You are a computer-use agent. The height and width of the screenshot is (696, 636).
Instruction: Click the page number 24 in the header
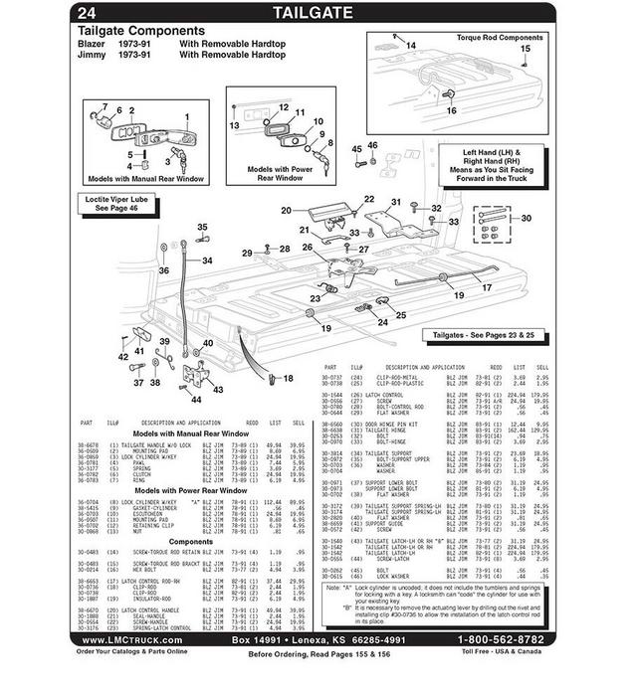coord(87,13)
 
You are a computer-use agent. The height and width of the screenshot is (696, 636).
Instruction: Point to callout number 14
coord(410,46)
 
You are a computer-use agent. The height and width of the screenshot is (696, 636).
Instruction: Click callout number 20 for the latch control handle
coord(286,210)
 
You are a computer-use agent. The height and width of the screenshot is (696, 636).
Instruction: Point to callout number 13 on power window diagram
coord(236,126)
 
